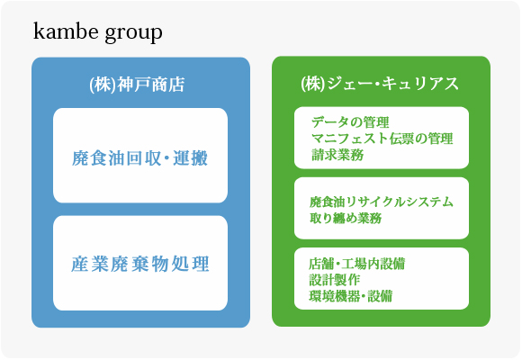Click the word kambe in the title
pyautogui.click(x=66, y=31)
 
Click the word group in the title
pyautogui.click(x=134, y=33)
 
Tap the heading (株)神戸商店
pyautogui.click(x=137, y=85)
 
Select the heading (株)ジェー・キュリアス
pyautogui.click(x=380, y=84)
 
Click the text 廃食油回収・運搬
pyautogui.click(x=139, y=157)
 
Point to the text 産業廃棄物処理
pyautogui.click(x=140, y=264)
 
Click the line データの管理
pyautogui.click(x=350, y=122)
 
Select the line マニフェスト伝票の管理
pyautogui.click(x=382, y=139)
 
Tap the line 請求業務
pyautogui.click(x=337, y=155)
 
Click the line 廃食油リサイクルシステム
pyautogui.click(x=382, y=202)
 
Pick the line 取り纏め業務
pyautogui.click(x=346, y=218)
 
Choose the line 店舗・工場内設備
pyautogui.click(x=357, y=264)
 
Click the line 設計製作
pyautogui.click(x=335, y=280)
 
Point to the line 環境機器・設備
pyautogui.click(x=351, y=296)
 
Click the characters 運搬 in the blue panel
pyautogui.click(x=191, y=157)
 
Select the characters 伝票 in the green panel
pyautogui.click(x=401, y=139)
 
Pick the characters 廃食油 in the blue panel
pyautogui.click(x=98, y=157)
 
